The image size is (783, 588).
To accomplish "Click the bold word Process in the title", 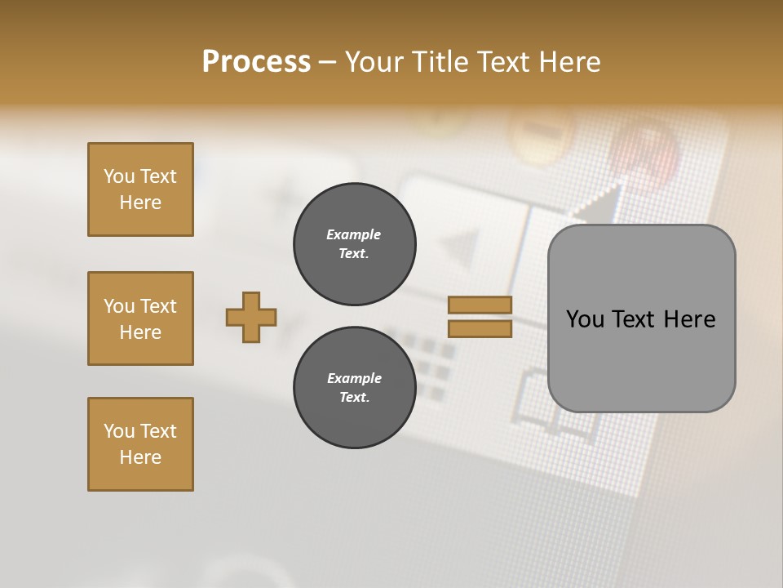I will coord(256,62).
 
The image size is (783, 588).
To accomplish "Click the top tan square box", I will coord(140,189).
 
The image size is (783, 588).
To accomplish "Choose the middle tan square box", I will coord(140,318).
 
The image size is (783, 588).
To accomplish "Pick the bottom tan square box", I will coord(140,444).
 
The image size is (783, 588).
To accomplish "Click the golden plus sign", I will coord(251,317).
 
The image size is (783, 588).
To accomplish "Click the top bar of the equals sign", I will coord(480,305).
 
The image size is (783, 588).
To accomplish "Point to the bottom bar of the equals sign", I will coord(480,328).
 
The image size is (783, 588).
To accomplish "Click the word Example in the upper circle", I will coord(353,234).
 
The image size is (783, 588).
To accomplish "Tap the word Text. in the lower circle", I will coord(354,398).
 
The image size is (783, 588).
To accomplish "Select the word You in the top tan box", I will coord(119,176).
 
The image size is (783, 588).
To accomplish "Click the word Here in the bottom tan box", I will coord(140,457).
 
